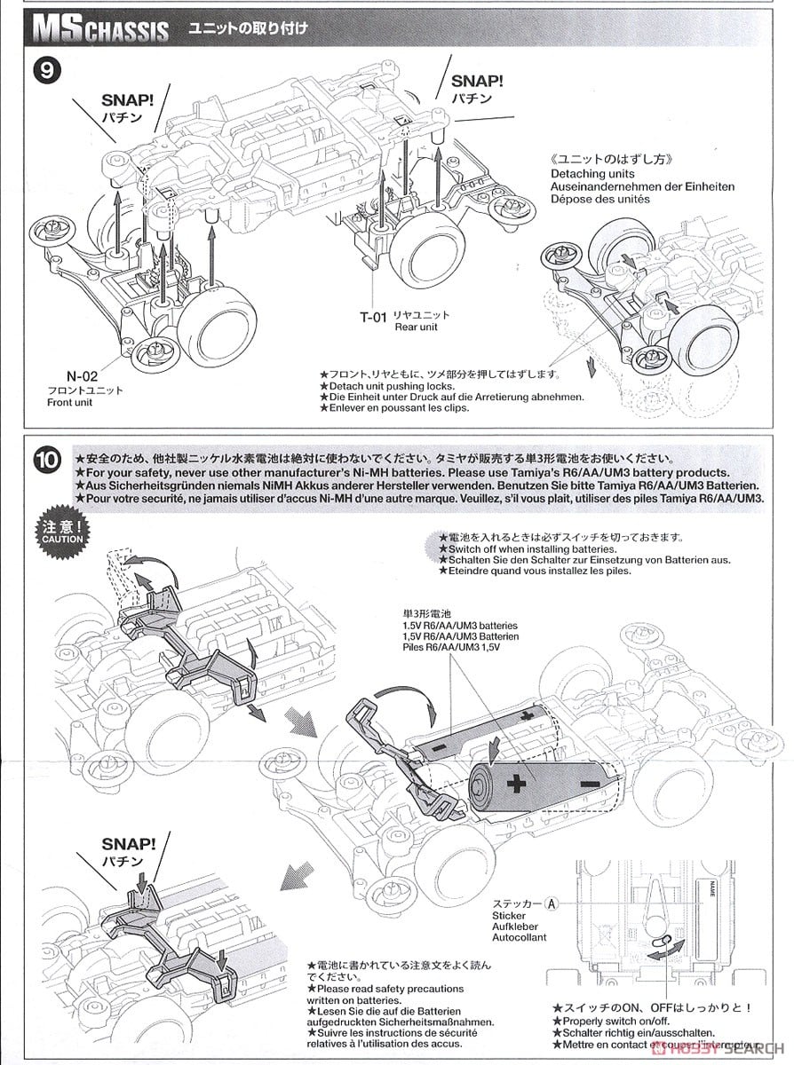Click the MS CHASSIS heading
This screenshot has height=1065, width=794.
[99, 30]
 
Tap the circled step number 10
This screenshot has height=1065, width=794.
[46, 460]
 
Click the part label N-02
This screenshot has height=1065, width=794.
[82, 375]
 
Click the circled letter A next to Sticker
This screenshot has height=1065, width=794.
[552, 903]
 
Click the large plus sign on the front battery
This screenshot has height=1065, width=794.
[514, 782]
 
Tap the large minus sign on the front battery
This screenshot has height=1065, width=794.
[588, 785]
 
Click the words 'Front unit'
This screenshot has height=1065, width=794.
[70, 402]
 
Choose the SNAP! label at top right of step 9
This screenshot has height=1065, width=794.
[477, 81]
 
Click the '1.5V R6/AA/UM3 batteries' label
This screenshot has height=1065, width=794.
[459, 626]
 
